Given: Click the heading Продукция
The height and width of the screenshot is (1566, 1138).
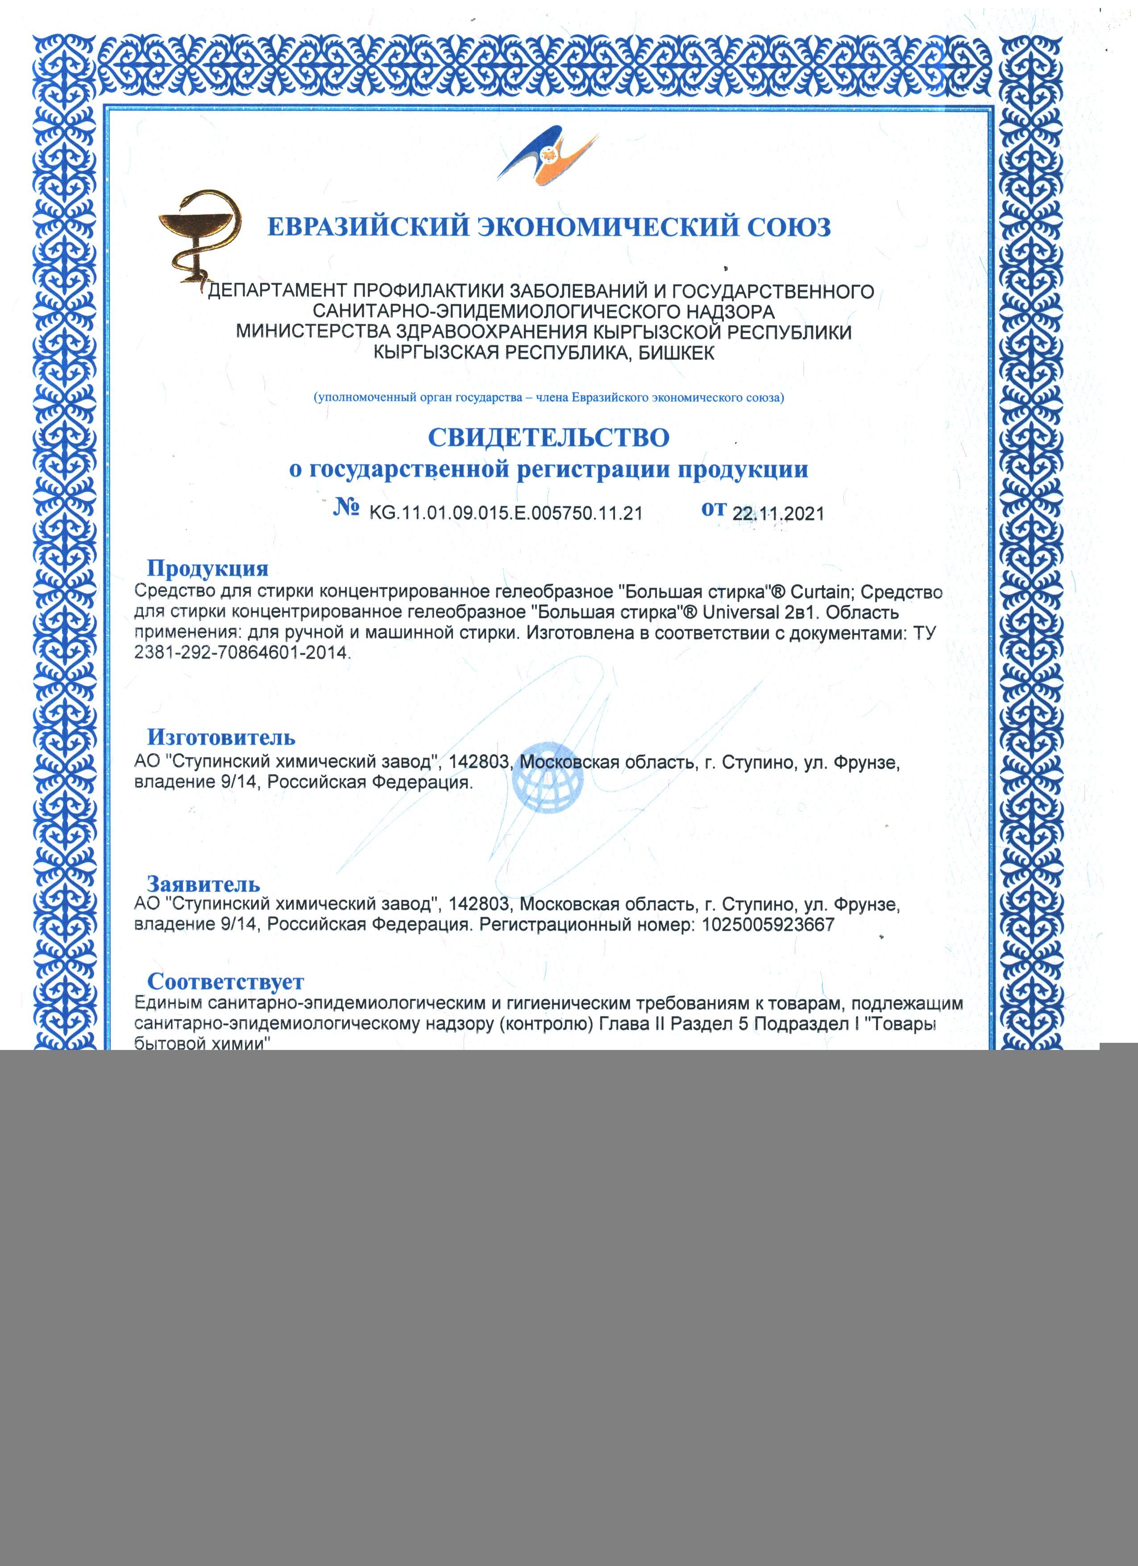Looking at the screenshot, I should (x=208, y=568).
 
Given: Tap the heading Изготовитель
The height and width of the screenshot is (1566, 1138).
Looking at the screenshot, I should (x=221, y=737).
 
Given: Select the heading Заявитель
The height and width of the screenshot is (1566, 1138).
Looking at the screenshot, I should (x=204, y=884).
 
